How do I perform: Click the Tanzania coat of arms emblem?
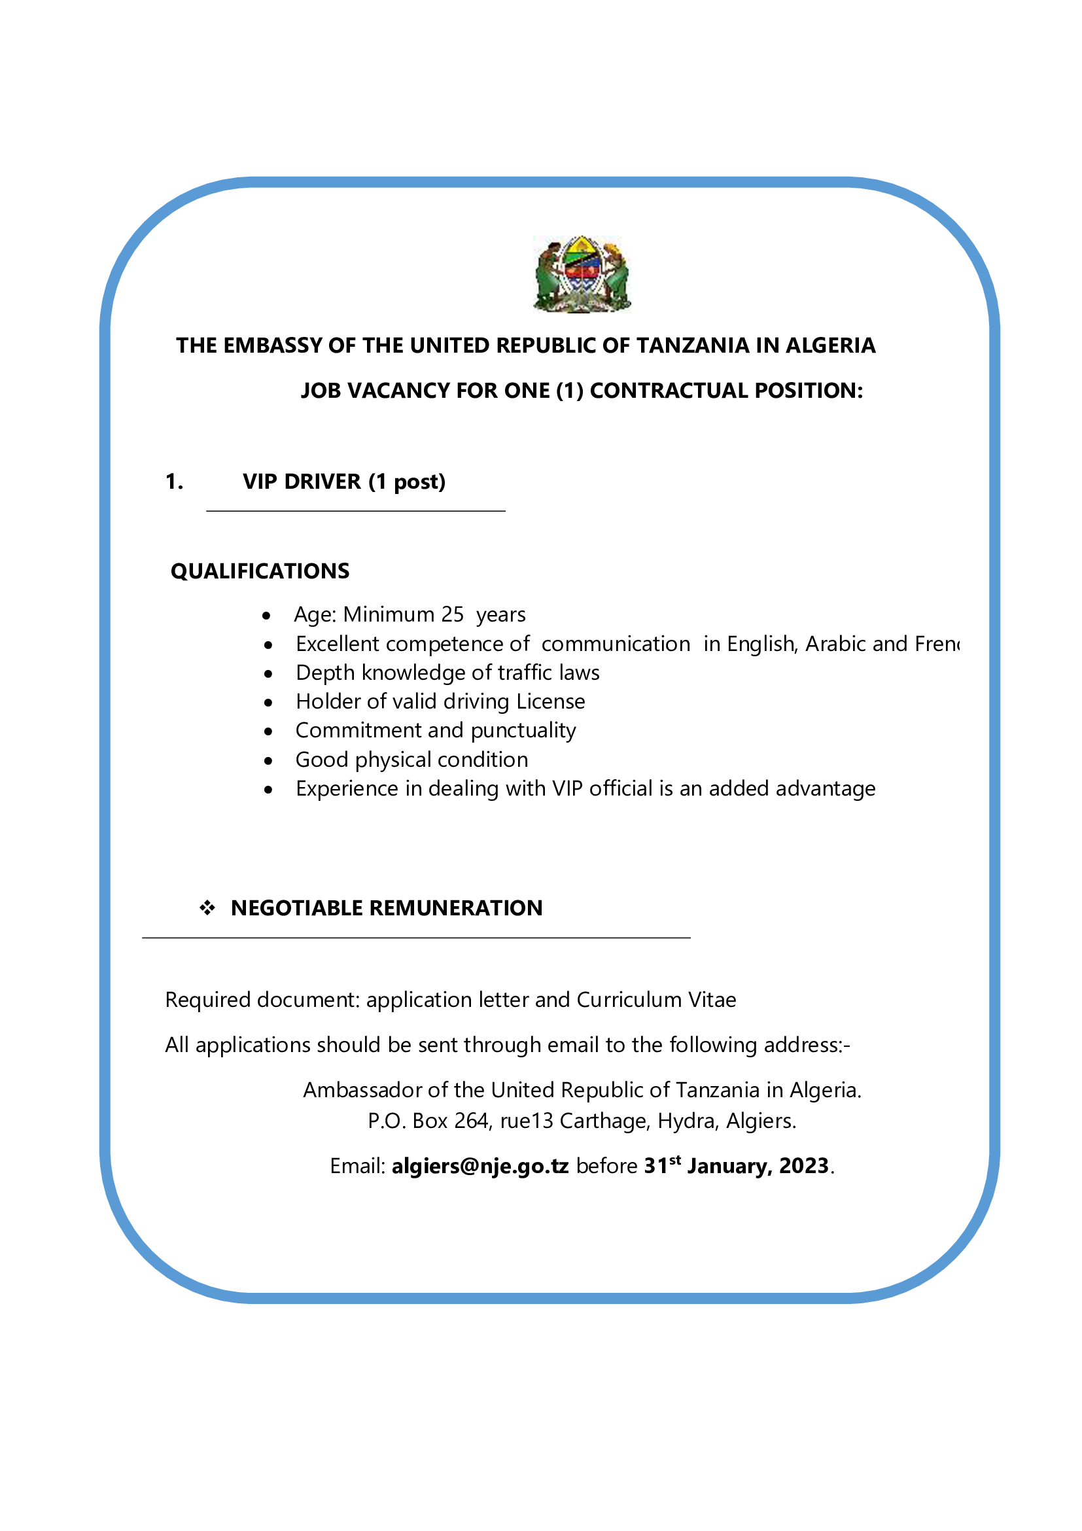[x=582, y=273]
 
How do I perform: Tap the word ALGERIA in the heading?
[x=831, y=345]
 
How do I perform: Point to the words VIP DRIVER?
[x=302, y=482]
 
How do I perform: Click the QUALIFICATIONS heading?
[x=260, y=571]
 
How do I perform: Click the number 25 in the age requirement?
[x=452, y=614]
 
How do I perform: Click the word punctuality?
[x=523, y=731]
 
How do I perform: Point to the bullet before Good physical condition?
[x=268, y=761]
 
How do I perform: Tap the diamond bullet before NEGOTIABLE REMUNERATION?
[x=207, y=907]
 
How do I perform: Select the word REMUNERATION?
[x=455, y=908]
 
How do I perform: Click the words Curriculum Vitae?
[x=656, y=1000]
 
